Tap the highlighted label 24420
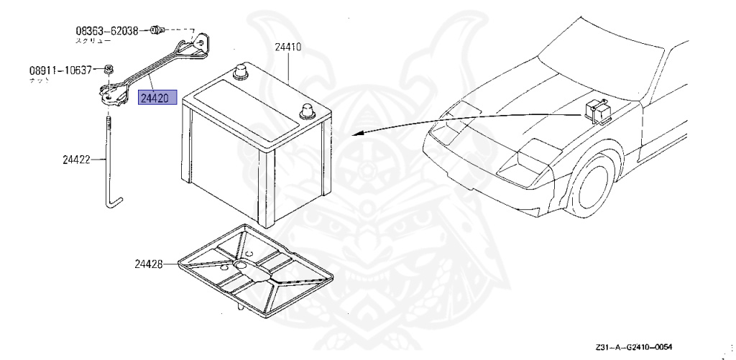[155, 98]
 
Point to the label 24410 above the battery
[287, 48]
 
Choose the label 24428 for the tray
[148, 264]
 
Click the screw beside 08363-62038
[156, 30]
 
